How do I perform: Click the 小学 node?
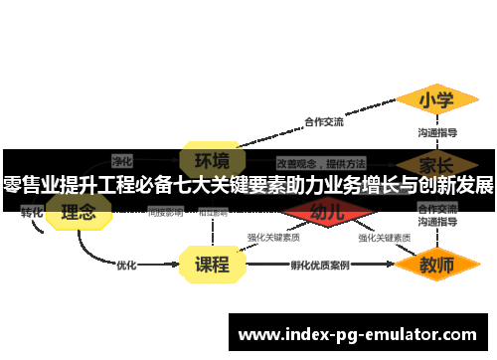[436, 99]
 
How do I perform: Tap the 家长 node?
[436, 164]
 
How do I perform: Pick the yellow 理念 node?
[79, 211]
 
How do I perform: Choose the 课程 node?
[213, 265]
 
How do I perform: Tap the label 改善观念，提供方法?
[321, 162]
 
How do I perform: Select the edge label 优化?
[126, 266]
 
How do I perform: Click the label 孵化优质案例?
[320, 266]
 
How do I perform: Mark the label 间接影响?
[165, 212]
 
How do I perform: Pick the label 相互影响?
[213, 212]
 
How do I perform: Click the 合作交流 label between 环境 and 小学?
[324, 122]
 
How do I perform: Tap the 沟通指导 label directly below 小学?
[436, 131]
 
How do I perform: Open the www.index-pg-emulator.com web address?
[358, 335]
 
